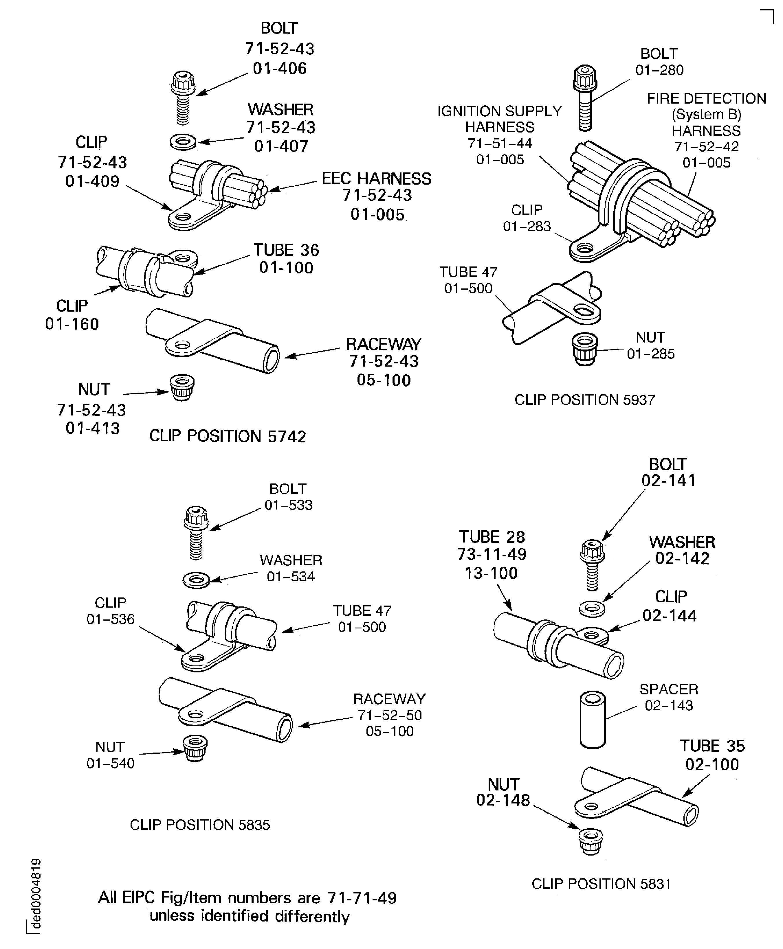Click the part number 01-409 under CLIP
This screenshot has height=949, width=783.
tap(92, 181)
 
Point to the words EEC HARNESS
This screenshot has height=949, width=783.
tap(376, 179)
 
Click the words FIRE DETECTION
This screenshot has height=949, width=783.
tap(706, 98)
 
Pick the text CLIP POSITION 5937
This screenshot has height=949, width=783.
tap(584, 400)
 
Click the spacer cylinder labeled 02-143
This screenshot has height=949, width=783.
tap(592, 720)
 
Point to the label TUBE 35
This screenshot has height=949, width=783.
tap(712, 746)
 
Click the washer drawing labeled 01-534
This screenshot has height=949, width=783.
tap(196, 579)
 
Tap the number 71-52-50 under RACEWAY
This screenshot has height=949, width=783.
tap(389, 715)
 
